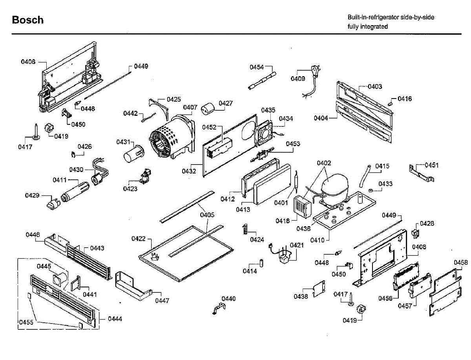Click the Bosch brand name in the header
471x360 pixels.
(x=27, y=20)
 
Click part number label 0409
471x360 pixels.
(x=298, y=79)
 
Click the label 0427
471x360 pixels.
(x=226, y=103)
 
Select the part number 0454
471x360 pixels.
(x=257, y=67)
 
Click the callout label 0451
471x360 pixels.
(x=431, y=165)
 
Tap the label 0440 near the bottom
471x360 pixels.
(x=228, y=299)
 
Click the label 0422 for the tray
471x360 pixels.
(x=139, y=238)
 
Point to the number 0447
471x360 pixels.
(x=162, y=301)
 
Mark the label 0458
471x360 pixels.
(x=461, y=262)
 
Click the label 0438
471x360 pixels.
(x=301, y=297)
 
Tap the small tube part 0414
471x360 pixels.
(x=260, y=262)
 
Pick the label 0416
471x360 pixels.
(x=405, y=99)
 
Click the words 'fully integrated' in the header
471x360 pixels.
(x=367, y=27)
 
